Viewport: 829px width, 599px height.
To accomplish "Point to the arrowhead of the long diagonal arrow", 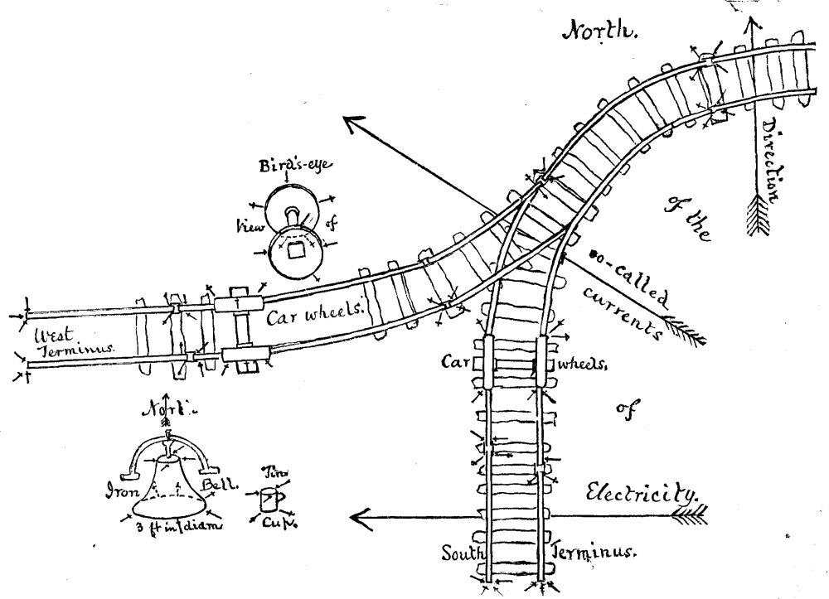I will point(352,123).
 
